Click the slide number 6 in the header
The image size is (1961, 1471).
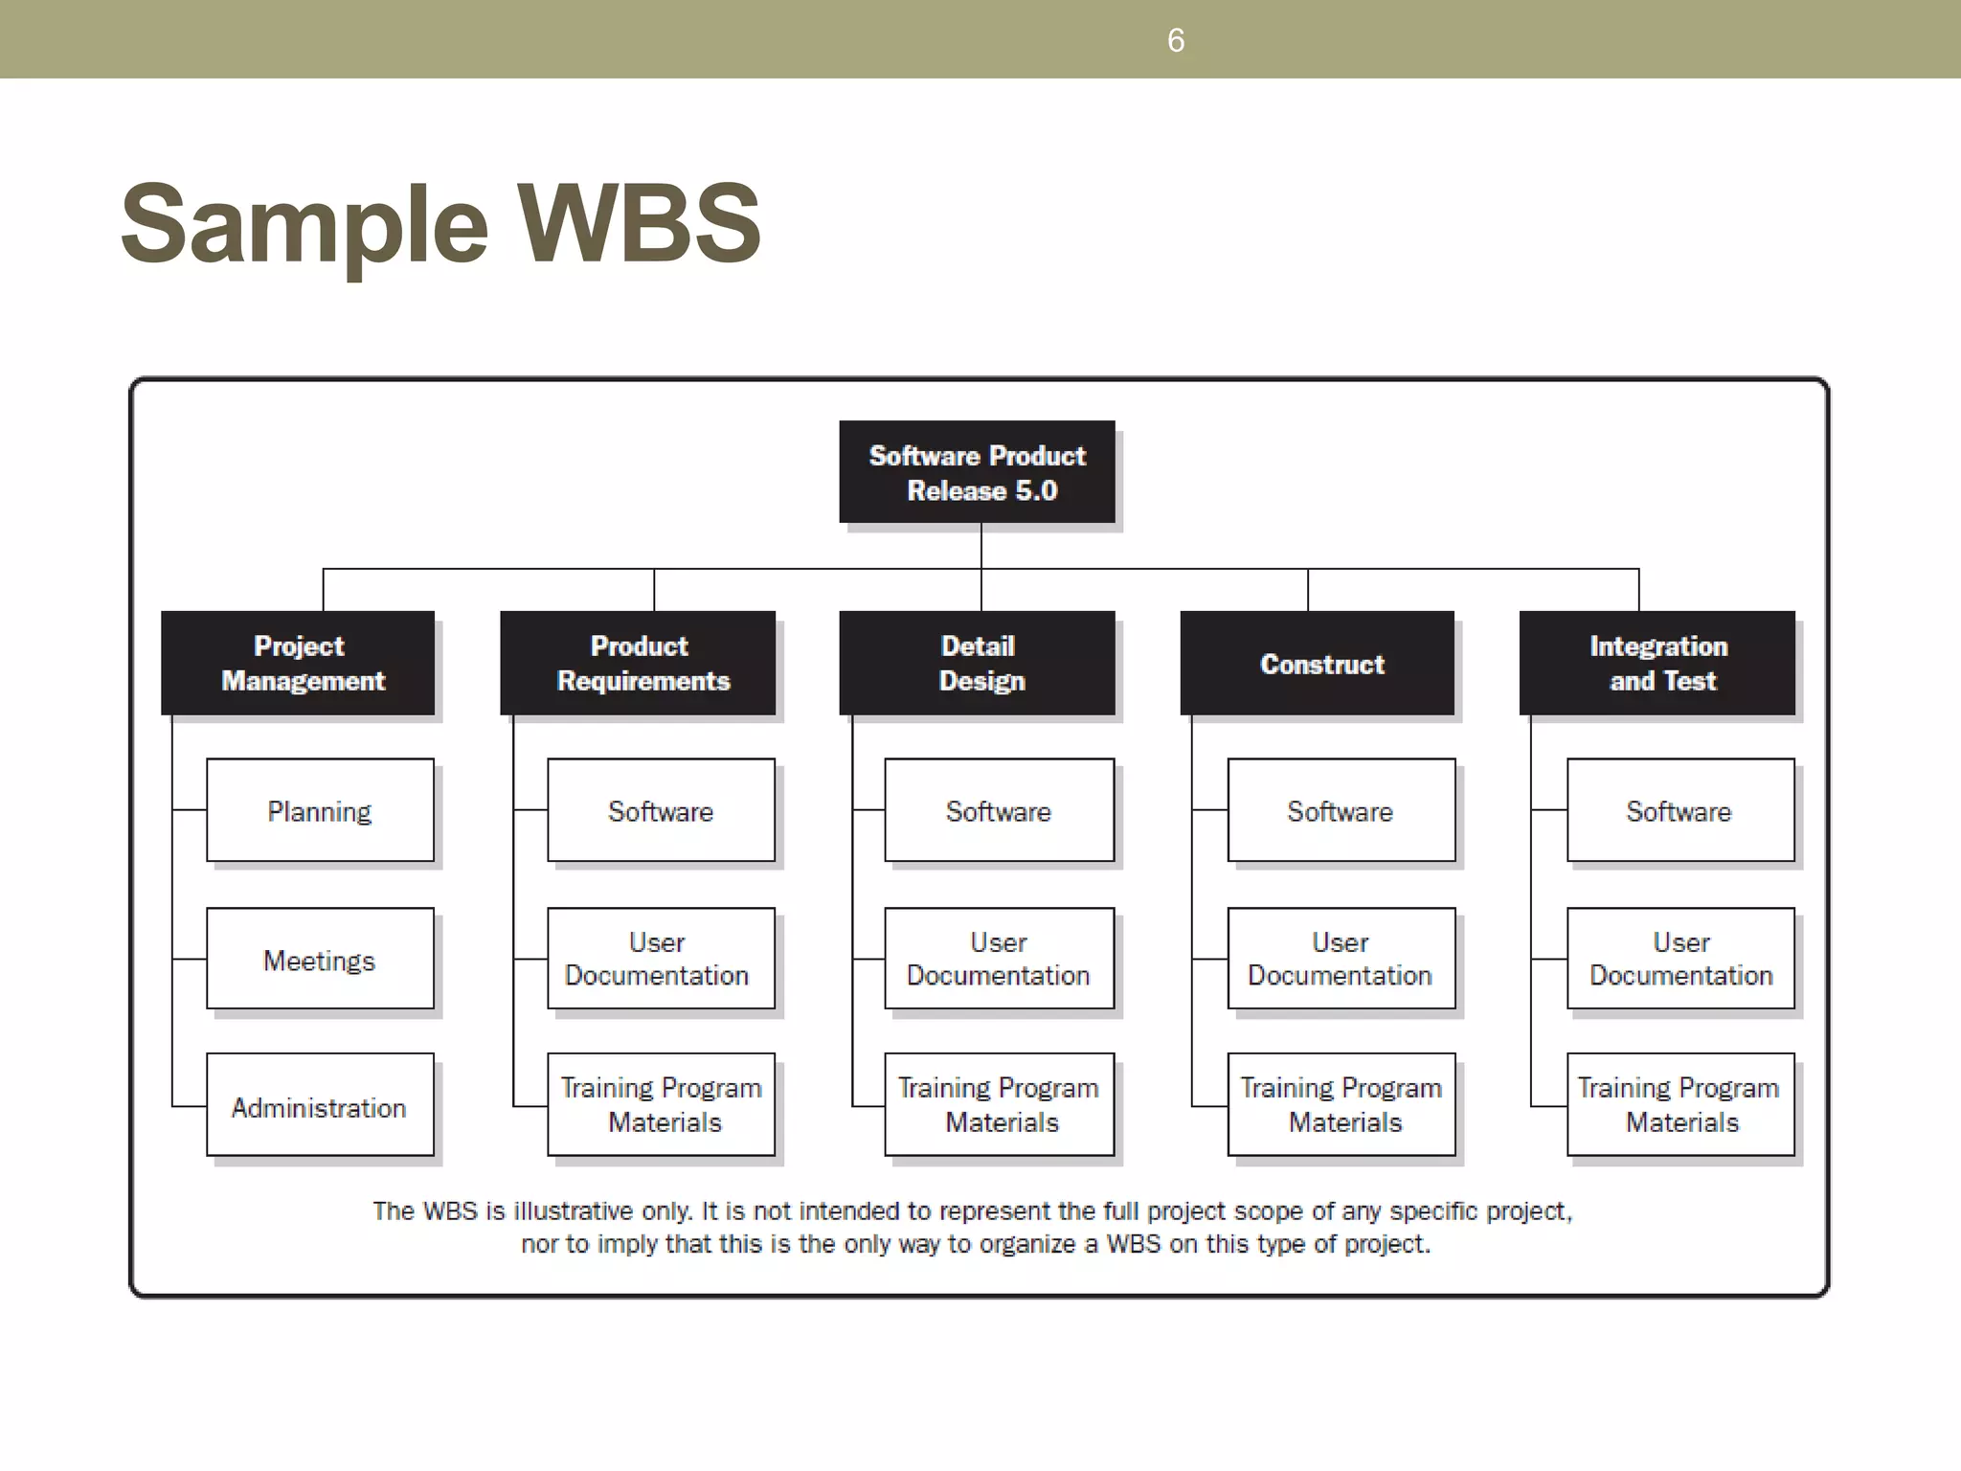[x=1176, y=40]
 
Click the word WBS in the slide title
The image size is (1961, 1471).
[x=639, y=224]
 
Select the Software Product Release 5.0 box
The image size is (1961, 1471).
[x=977, y=472]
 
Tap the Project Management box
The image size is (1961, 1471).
[x=299, y=663]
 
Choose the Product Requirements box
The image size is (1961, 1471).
[x=639, y=663]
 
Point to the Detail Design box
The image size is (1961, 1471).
[x=978, y=663]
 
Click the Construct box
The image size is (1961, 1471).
[x=1318, y=663]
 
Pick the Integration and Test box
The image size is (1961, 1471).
[x=1657, y=663]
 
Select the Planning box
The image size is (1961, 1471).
[x=320, y=811]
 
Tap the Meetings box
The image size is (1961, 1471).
[x=320, y=960]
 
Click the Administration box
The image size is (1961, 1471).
[x=320, y=1106]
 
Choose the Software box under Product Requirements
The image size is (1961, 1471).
[x=661, y=811]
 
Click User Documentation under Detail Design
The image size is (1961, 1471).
[x=999, y=959]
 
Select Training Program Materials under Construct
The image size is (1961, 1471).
[x=1341, y=1104]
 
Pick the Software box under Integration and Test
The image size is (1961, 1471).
[x=1679, y=811]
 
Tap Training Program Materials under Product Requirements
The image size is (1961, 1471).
[x=661, y=1104]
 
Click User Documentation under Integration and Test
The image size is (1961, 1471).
[x=1680, y=959]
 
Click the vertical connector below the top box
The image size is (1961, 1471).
[x=981, y=546]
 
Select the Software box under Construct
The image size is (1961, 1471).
[x=1341, y=811]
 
